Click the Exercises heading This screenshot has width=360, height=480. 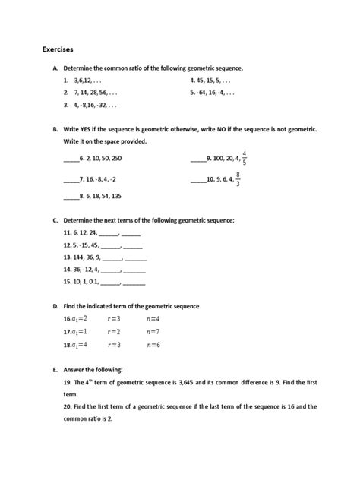point(58,49)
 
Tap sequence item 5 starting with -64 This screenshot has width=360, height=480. point(218,93)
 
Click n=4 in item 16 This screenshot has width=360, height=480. point(154,319)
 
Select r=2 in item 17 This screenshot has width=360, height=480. point(114,331)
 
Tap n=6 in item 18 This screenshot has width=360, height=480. point(154,344)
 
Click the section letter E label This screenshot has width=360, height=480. point(55,370)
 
